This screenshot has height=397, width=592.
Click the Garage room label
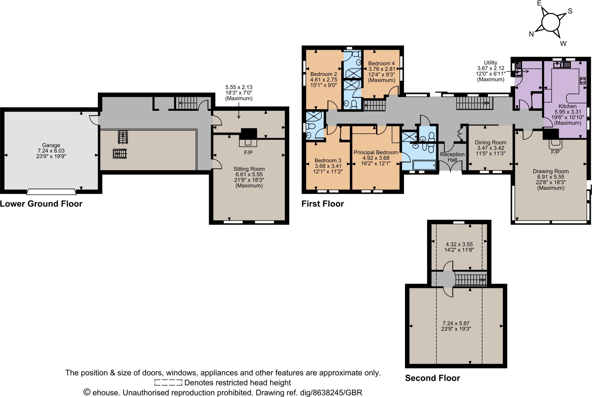tap(51, 145)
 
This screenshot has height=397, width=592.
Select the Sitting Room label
tap(249, 169)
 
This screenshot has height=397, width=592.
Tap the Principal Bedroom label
tap(376, 152)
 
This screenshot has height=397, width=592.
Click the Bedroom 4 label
tap(381, 63)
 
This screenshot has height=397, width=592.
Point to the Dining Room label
tap(491, 142)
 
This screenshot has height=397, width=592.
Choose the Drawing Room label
tap(551, 171)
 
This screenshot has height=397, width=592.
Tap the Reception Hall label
tap(452, 157)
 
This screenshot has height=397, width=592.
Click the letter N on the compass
tap(531, 34)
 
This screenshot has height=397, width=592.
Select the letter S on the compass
tap(570, 11)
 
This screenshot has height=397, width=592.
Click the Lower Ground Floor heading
tap(41, 204)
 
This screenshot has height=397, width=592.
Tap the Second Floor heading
tap(432, 378)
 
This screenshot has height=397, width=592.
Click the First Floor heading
tap(323, 204)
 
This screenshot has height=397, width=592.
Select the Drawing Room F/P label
tap(555, 152)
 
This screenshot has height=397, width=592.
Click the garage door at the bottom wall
tap(51, 191)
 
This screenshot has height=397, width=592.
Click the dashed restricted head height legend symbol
tap(168, 383)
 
